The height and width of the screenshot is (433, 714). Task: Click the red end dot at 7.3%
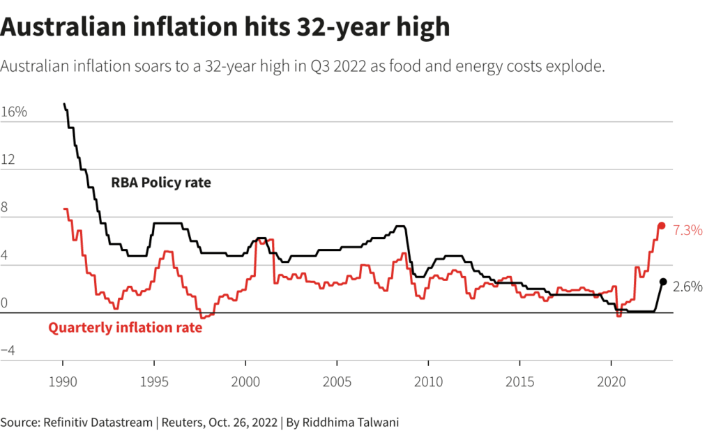(661, 226)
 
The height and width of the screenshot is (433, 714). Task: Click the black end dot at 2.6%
(663, 282)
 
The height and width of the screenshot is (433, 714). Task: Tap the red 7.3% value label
(688, 229)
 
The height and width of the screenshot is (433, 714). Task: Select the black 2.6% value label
(688, 287)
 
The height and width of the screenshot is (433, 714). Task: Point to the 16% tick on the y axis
(14, 112)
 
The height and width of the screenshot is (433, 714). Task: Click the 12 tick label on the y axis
(8, 159)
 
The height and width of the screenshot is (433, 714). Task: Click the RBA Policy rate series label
(161, 183)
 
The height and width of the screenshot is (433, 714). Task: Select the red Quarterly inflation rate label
(125, 327)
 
